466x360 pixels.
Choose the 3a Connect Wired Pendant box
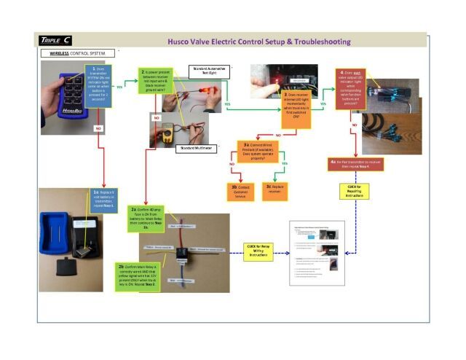click(257, 151)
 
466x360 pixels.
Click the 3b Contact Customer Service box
click(240, 191)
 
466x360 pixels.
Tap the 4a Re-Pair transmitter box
click(356, 164)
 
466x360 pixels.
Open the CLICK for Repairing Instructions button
click(355, 192)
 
